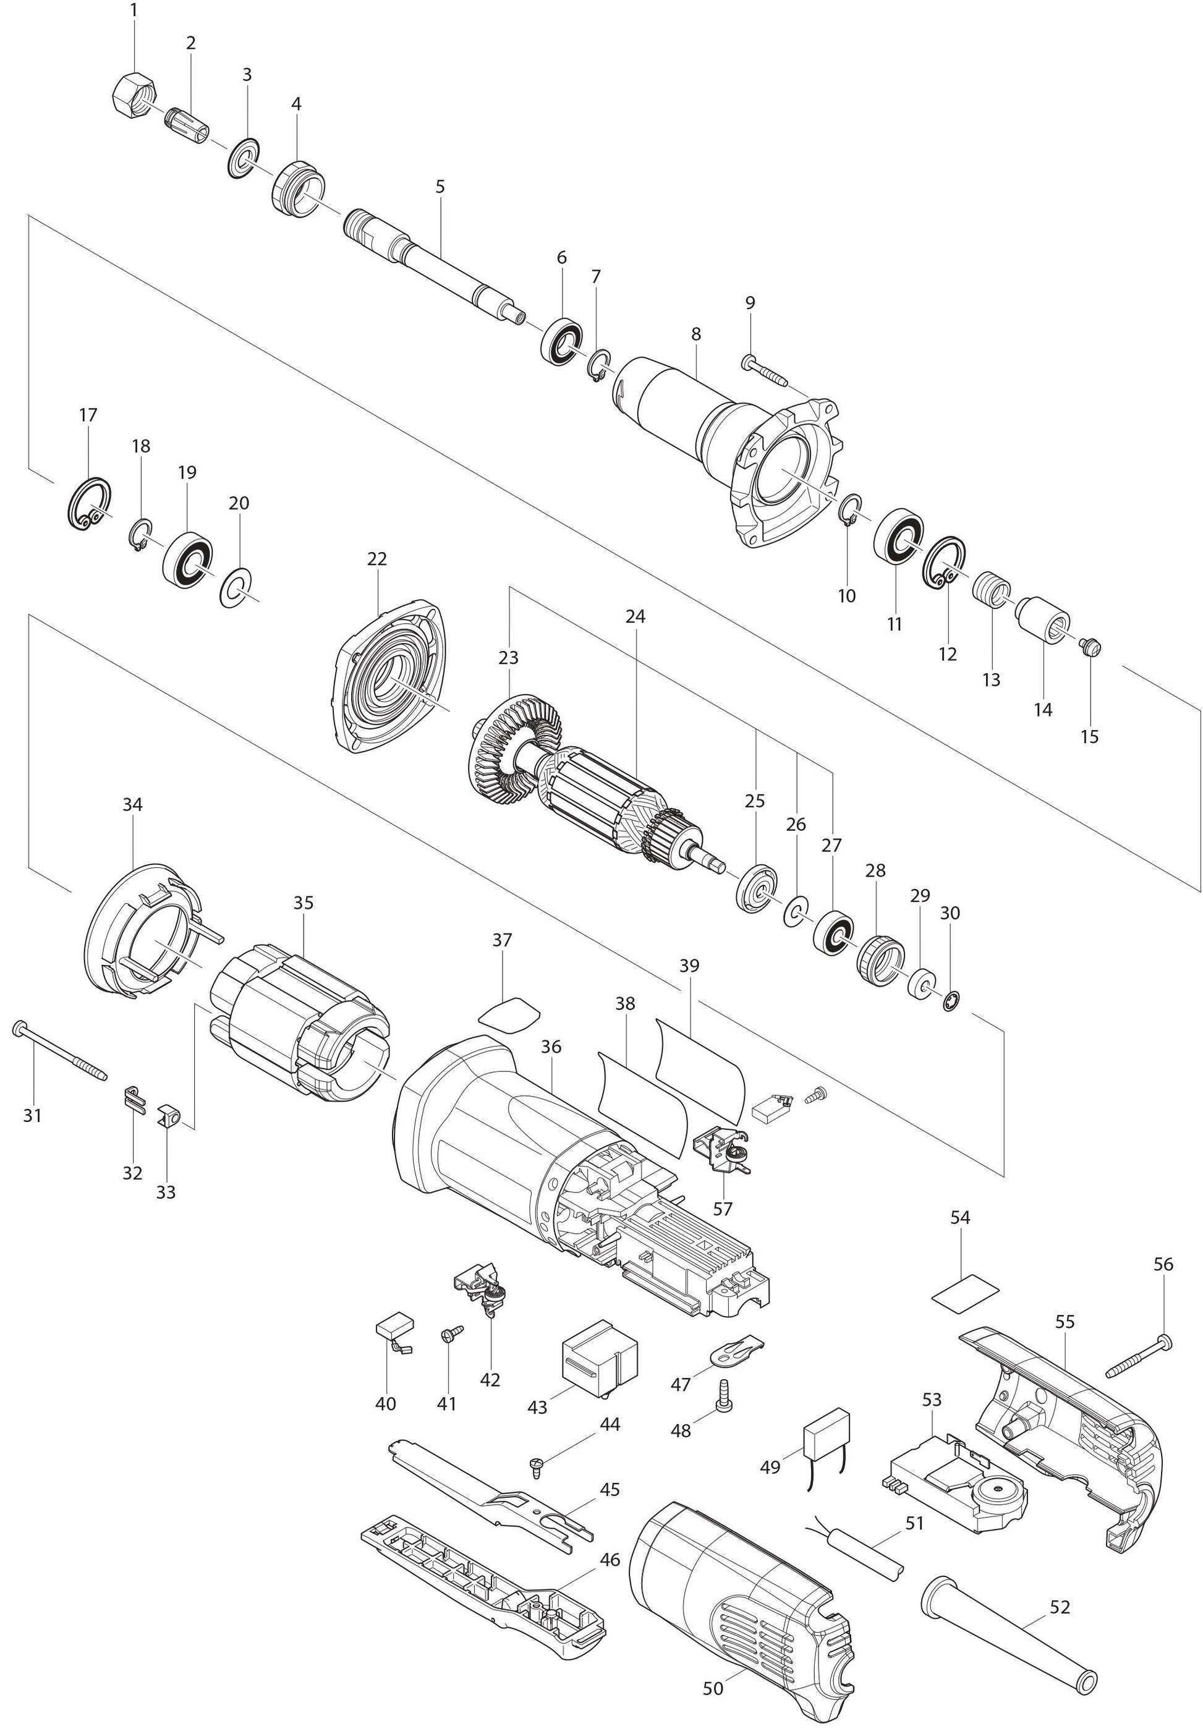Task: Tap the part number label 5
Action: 440,186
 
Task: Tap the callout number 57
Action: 722,1208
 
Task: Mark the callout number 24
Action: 636,616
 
